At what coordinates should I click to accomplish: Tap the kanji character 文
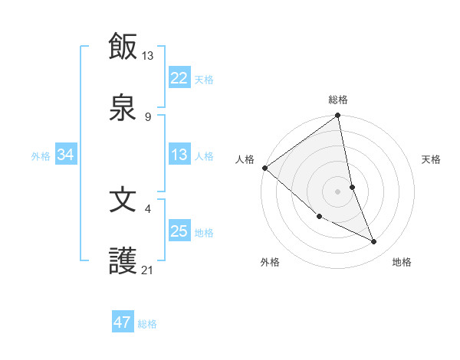123,200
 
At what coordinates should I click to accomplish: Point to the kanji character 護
123,262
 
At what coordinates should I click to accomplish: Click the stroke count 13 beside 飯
148,55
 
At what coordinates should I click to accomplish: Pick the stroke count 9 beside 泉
148,116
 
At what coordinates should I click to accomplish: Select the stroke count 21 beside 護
148,270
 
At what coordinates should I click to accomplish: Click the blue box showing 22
179,77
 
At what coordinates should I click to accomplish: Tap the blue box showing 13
179,155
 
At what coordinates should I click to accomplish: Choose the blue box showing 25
179,231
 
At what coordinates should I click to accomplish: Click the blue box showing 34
66,155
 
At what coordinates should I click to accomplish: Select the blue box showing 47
123,322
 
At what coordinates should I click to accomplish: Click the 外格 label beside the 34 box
41,155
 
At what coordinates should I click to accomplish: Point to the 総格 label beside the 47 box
147,323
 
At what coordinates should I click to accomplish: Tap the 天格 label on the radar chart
432,159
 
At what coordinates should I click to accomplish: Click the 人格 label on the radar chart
245,159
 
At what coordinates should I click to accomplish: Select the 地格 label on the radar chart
402,262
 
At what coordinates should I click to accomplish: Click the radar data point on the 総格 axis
338,116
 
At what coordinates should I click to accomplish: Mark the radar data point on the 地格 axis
374,242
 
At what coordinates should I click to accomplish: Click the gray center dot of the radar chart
338,191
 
